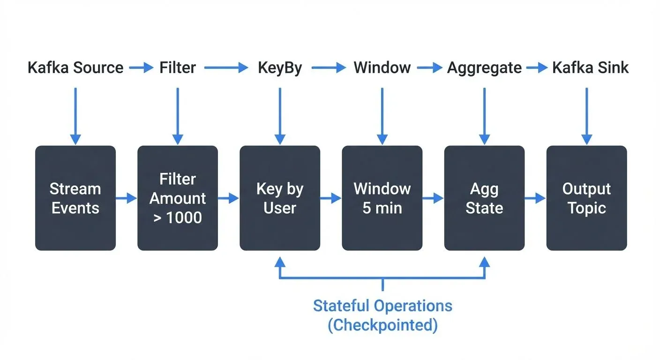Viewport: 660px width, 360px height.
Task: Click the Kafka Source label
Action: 75,68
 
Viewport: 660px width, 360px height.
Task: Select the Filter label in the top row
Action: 177,68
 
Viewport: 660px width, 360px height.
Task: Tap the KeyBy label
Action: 280,68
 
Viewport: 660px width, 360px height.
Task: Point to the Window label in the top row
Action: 382,68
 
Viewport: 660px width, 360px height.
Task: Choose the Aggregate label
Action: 484,68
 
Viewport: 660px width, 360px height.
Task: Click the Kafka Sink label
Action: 590,68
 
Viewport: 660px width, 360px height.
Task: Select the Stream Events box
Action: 75,198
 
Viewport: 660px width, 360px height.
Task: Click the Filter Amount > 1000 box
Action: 177,198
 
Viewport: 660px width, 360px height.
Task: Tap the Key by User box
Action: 280,198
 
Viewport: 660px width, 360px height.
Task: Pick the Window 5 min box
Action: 382,198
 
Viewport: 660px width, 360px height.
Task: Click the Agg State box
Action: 484,198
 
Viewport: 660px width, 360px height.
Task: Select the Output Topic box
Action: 586,198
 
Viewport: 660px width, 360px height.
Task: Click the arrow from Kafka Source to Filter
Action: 141,68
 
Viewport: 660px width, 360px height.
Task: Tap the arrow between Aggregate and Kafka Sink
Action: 537,68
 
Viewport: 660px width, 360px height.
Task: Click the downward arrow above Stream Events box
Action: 75,115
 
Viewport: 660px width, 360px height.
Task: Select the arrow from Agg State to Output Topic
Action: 535,199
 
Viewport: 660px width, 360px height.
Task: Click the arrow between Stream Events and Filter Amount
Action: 126,199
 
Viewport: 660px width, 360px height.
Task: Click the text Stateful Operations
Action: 382,306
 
